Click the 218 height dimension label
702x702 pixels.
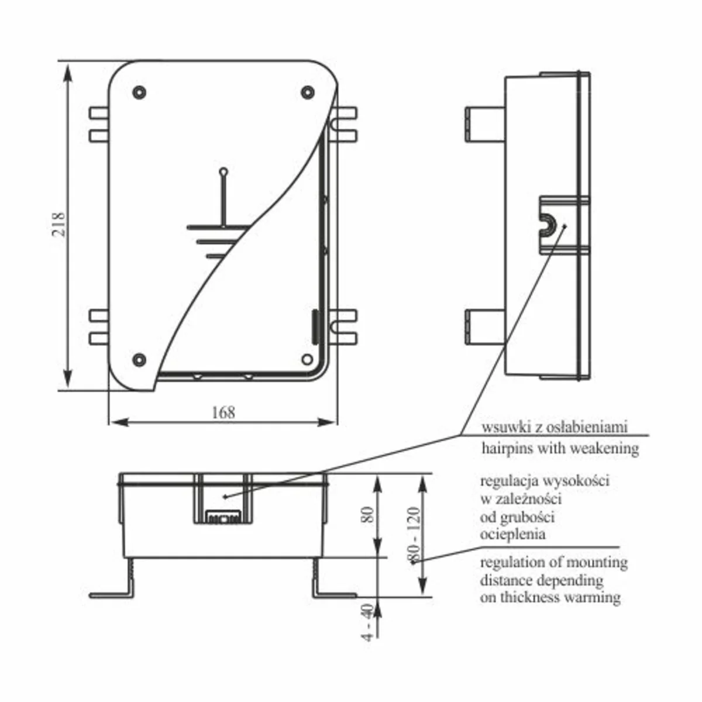point(58,225)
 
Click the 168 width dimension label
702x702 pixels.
point(223,412)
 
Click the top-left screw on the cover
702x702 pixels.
point(139,92)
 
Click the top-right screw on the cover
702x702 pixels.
point(308,92)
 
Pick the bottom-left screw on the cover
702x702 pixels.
point(139,360)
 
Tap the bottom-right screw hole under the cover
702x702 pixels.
point(308,359)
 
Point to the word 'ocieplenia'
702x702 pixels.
point(512,535)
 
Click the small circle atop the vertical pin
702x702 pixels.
point(223,171)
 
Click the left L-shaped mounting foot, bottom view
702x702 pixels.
point(112,579)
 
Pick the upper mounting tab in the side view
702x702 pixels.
point(485,124)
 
